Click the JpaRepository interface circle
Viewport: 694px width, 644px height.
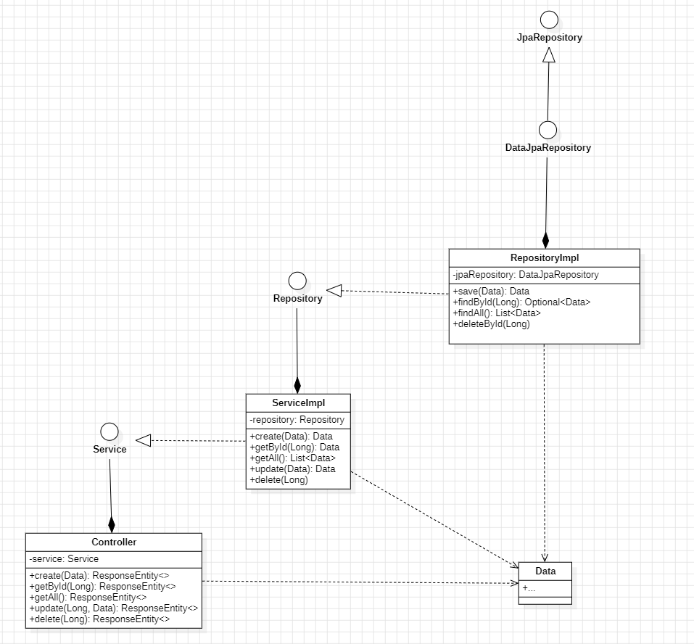pyautogui.click(x=548, y=20)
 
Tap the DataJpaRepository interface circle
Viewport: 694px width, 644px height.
pyautogui.click(x=548, y=130)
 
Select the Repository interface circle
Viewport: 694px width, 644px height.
pyautogui.click(x=297, y=281)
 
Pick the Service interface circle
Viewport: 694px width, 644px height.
pyautogui.click(x=110, y=432)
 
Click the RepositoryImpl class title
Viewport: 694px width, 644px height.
pyautogui.click(x=545, y=257)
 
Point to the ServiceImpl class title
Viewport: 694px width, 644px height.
pyautogui.click(x=298, y=402)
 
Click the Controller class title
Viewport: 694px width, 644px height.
pyautogui.click(x=114, y=542)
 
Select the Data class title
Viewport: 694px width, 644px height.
pyautogui.click(x=545, y=571)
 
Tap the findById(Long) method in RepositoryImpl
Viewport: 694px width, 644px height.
pyautogui.click(x=521, y=302)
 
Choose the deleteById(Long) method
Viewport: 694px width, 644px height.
pyautogui.click(x=492, y=323)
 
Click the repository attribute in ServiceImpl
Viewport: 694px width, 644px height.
pyautogui.click(x=297, y=419)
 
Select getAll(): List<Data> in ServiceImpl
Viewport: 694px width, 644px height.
pyautogui.click(x=293, y=458)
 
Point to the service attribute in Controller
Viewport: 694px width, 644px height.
pyautogui.click(x=65, y=558)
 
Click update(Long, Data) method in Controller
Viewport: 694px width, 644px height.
pyautogui.click(x=114, y=608)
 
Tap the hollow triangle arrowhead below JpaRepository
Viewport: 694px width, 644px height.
pyautogui.click(x=549, y=54)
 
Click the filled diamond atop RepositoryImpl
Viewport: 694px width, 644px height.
pyautogui.click(x=546, y=240)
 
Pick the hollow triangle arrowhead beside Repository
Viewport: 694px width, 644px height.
pyautogui.click(x=334, y=291)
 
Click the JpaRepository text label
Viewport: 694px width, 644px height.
pyautogui.click(x=548, y=38)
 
